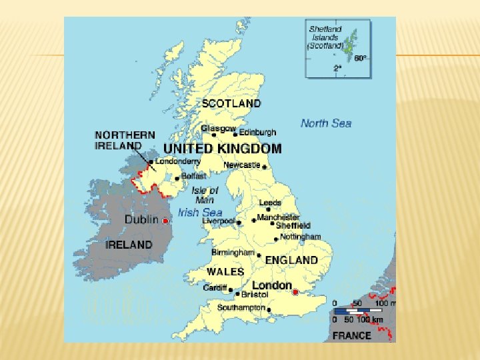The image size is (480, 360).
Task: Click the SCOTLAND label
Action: (x=231, y=103)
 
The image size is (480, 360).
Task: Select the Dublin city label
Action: (x=141, y=219)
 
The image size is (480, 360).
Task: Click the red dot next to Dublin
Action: (x=165, y=221)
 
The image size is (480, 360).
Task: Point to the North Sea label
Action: (x=325, y=123)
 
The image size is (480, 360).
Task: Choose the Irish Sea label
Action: (x=200, y=213)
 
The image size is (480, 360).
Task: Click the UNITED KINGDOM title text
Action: (x=223, y=149)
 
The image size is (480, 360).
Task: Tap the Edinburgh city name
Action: (x=257, y=132)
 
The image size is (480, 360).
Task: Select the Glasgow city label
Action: (x=219, y=128)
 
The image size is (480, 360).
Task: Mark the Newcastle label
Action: (x=241, y=165)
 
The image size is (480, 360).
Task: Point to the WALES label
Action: (x=225, y=272)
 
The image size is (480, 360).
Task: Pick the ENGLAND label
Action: (x=291, y=259)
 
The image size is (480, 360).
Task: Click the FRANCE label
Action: (x=351, y=335)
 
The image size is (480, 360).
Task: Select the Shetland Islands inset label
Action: (x=325, y=38)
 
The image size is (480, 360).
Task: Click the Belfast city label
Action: (x=194, y=176)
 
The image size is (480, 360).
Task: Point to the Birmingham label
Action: (x=233, y=253)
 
